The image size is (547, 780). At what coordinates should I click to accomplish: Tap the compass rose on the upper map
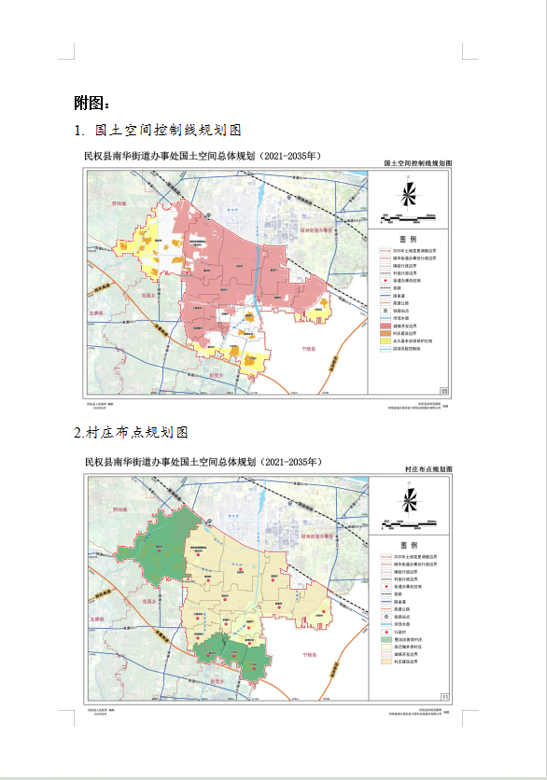[409, 194]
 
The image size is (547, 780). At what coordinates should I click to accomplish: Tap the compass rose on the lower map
[409, 500]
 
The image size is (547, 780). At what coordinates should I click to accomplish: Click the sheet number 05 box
[444, 390]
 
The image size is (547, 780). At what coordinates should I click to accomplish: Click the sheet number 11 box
[444, 696]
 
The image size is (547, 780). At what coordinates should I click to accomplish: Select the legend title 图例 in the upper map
[409, 238]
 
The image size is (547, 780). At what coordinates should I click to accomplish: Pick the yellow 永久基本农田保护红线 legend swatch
[386, 341]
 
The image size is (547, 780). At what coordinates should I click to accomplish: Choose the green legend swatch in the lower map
[386, 638]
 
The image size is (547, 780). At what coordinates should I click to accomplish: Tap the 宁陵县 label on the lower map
[309, 655]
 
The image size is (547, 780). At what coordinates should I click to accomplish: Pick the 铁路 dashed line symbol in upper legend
[386, 288]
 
